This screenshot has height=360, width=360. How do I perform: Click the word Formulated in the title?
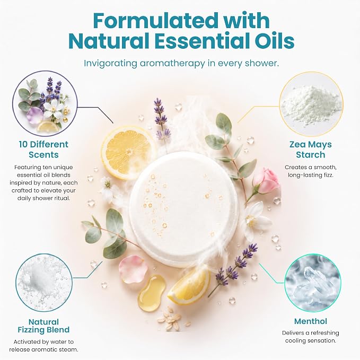(x=156, y=21)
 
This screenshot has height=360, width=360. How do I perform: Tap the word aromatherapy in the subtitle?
(x=172, y=64)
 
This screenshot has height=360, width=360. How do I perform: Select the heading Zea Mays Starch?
(x=310, y=150)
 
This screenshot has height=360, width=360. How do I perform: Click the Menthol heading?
(x=310, y=321)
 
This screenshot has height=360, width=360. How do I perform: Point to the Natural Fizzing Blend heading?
(x=43, y=326)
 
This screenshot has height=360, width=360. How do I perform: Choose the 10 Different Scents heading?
(x=43, y=150)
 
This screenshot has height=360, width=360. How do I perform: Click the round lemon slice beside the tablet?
(x=128, y=152)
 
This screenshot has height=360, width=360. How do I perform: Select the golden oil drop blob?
(x=151, y=293)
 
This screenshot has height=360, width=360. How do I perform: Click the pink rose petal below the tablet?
(x=133, y=269)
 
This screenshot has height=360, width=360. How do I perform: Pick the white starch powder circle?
(x=311, y=103)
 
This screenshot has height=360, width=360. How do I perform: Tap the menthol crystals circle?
(x=313, y=283)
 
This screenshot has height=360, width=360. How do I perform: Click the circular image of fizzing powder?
(x=44, y=283)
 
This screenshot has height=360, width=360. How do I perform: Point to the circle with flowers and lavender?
(x=45, y=103)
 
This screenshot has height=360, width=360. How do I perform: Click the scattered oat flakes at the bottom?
(x=173, y=320)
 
